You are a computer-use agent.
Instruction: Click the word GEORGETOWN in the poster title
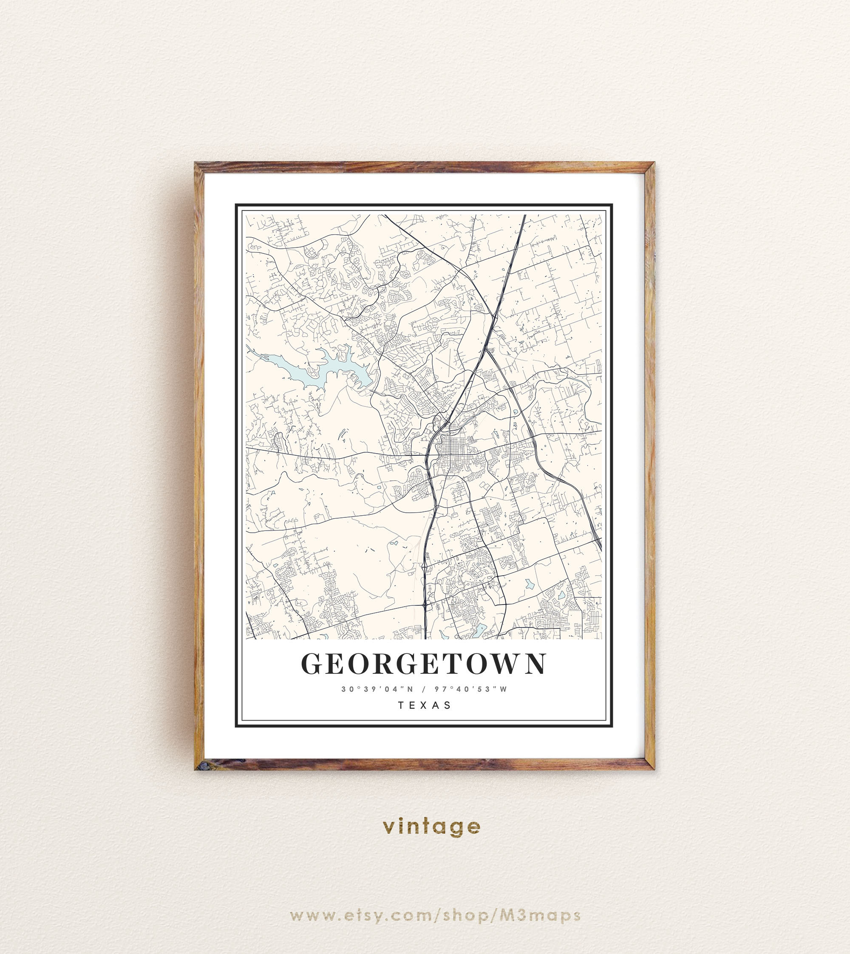click(423, 663)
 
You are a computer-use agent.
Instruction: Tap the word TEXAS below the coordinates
click(425, 705)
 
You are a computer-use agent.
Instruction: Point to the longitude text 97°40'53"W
click(471, 689)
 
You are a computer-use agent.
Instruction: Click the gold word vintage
click(431, 826)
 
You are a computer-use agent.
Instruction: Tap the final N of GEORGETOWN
click(535, 663)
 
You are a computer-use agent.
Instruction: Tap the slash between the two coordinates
click(424, 689)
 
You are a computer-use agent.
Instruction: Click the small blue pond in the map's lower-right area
click(529, 584)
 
